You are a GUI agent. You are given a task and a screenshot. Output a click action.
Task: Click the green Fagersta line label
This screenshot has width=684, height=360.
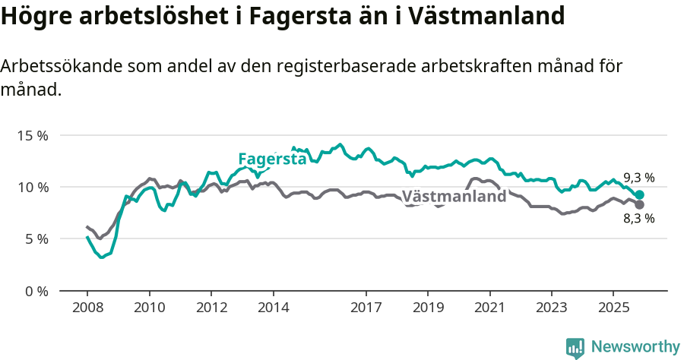click(x=272, y=159)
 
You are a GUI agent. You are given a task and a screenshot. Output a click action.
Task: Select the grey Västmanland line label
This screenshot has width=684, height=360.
click(x=454, y=197)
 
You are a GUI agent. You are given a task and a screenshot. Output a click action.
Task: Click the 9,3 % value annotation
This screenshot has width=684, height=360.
click(x=638, y=178)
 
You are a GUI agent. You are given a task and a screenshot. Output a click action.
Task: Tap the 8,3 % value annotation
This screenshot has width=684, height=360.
click(x=638, y=219)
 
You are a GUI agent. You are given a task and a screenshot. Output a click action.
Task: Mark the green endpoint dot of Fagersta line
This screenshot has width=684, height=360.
click(x=639, y=194)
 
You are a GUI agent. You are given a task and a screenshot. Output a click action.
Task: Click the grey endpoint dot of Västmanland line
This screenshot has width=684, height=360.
click(x=639, y=205)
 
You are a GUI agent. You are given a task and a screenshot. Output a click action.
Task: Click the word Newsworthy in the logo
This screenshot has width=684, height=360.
click(x=635, y=347)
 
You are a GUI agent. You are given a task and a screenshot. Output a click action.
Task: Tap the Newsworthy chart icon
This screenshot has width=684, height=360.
click(x=575, y=348)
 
